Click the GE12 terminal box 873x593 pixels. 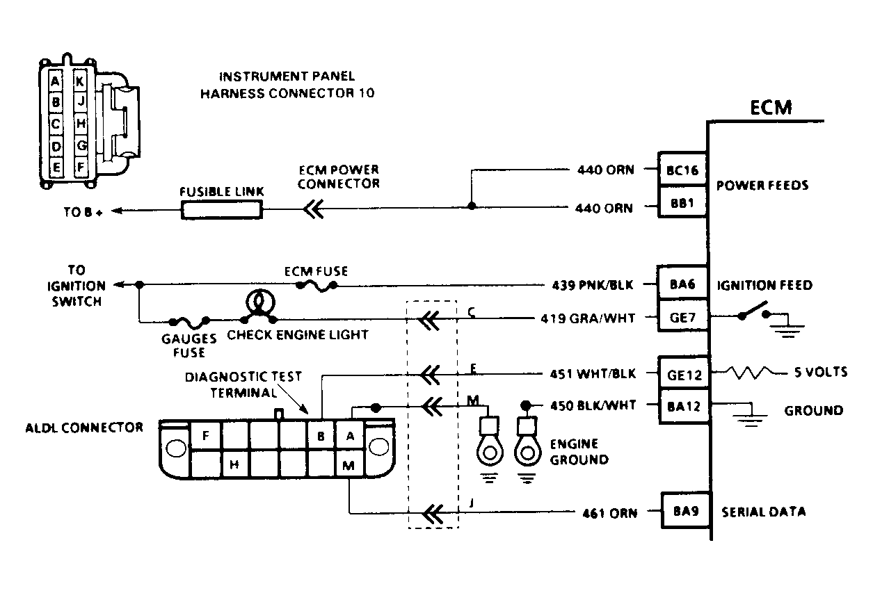point(682,373)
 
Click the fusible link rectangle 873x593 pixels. point(221,209)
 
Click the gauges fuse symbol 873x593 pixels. point(189,322)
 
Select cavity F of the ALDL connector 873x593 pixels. point(205,437)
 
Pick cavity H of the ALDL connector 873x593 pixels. point(234,464)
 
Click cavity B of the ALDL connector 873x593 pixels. point(321,437)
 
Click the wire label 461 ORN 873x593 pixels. point(609,513)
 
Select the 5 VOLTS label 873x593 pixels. point(821,373)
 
